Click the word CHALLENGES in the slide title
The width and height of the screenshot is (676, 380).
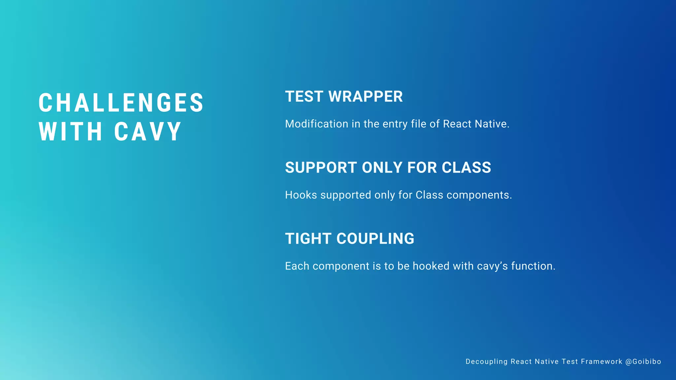click(121, 103)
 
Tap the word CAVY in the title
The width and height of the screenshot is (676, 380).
click(148, 132)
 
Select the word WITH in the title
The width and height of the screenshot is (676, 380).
click(71, 132)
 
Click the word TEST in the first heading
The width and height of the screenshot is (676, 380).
click(304, 97)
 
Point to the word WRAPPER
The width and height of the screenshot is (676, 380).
click(365, 97)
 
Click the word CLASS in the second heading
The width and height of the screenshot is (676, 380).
click(466, 168)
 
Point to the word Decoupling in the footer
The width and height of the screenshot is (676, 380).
click(486, 362)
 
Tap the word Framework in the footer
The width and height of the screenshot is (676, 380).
click(601, 362)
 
